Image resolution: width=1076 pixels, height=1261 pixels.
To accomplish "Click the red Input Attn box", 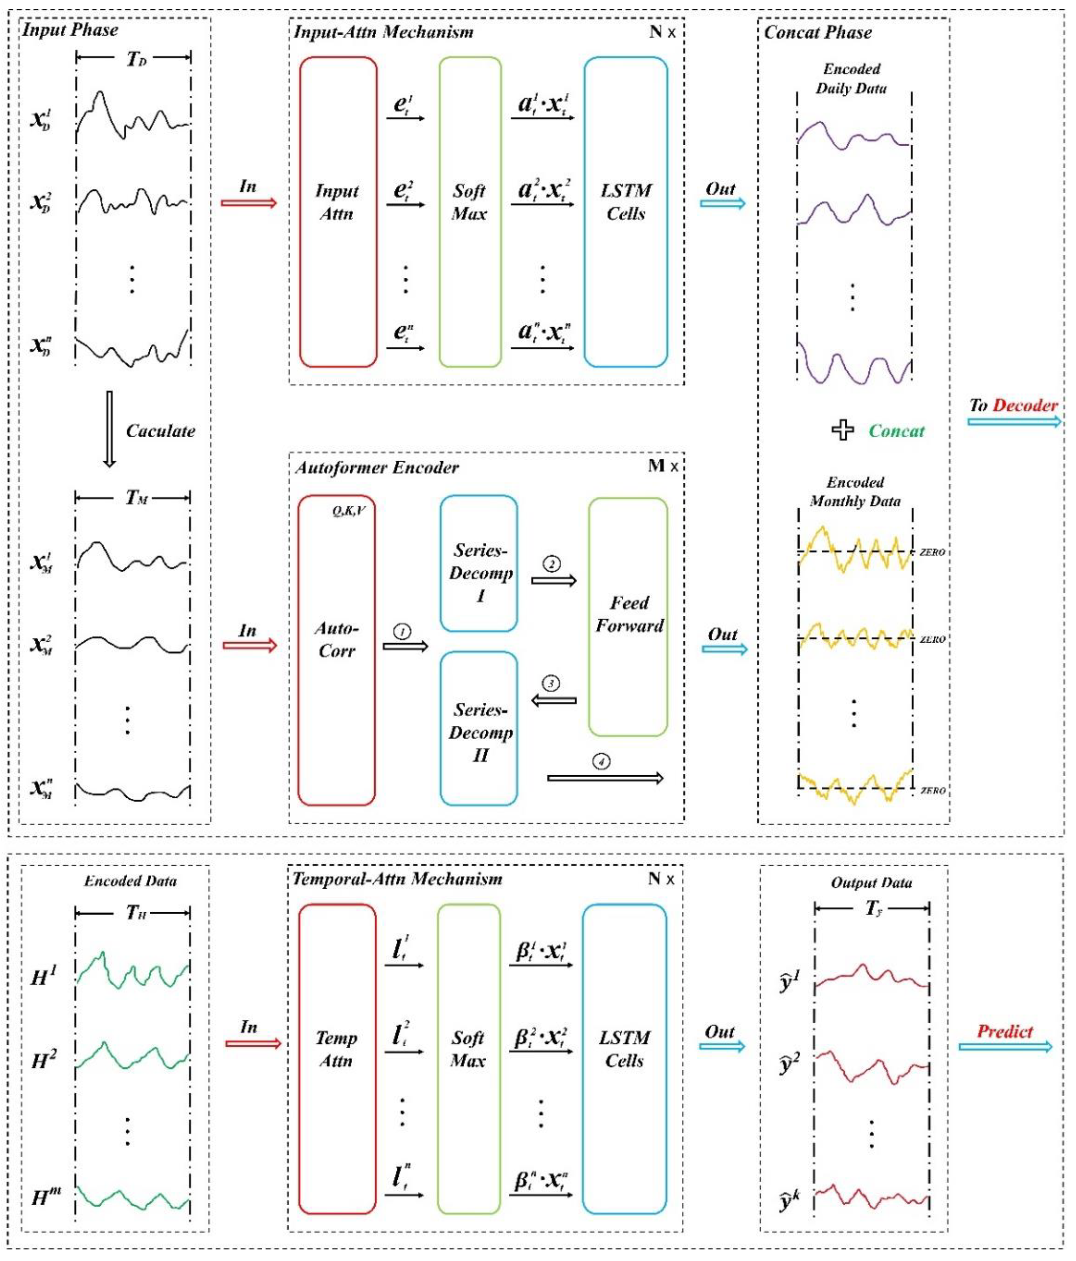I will (337, 212).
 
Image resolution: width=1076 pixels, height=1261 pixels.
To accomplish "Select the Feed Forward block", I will (628, 616).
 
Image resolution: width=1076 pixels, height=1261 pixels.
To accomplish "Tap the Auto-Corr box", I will (336, 650).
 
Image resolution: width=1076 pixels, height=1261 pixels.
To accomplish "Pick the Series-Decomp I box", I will (479, 563).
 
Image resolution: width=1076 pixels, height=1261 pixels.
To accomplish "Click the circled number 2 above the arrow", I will (552, 564).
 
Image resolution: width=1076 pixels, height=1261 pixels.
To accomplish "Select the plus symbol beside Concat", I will (843, 430).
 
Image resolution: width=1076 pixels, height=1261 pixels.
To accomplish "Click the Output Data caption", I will (872, 883).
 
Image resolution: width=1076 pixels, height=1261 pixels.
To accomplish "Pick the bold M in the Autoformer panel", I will (656, 466).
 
